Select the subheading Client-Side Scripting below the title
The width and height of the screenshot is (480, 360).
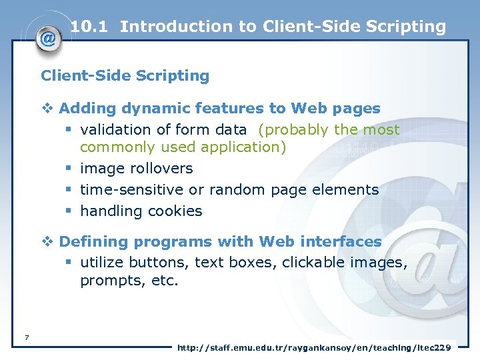coord(125,76)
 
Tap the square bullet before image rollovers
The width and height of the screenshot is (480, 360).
coord(68,169)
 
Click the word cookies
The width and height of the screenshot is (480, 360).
coord(175,211)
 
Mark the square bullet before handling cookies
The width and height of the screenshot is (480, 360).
coord(68,211)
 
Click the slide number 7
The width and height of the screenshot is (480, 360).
coord(26,337)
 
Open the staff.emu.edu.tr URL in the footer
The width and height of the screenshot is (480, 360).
coord(313,347)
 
